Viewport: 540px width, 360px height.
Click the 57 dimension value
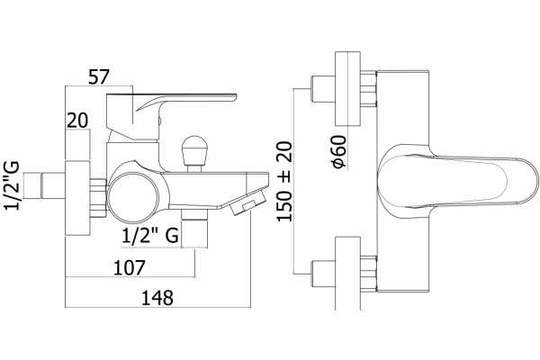tap(99, 76)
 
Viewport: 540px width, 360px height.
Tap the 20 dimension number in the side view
tap(77, 121)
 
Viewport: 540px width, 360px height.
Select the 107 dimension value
tap(130, 267)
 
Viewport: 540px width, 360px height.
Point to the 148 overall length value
tap(157, 298)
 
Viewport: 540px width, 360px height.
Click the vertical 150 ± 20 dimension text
tap(284, 182)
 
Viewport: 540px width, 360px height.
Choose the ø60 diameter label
tap(339, 152)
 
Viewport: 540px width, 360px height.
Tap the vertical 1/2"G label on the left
tap(12, 185)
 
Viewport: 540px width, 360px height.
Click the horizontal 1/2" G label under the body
tap(150, 236)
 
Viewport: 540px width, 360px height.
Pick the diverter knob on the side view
tap(194, 154)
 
